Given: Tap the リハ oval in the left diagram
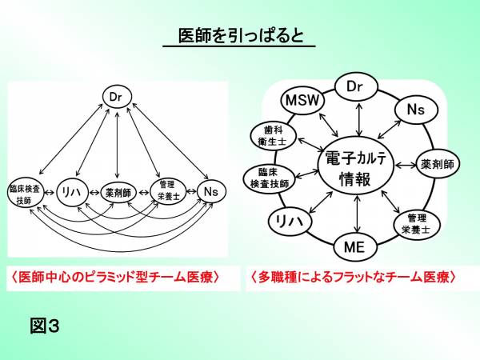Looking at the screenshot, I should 69,191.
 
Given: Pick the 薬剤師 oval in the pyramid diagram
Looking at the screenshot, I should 118,192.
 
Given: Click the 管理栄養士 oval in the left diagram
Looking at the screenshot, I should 167,190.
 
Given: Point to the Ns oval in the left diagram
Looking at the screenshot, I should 210,191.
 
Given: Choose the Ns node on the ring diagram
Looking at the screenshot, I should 414,108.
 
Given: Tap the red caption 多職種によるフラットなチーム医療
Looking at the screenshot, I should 353,278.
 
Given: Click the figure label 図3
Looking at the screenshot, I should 45,326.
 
